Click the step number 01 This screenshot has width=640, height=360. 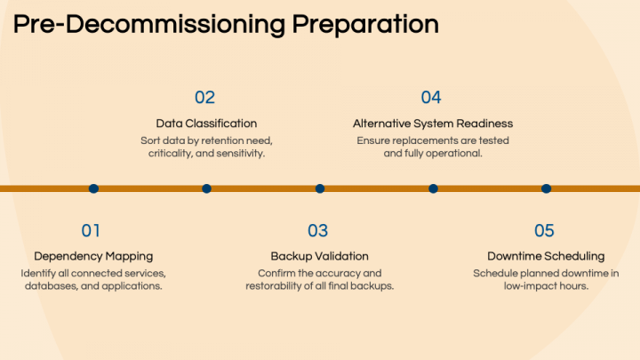[91, 231]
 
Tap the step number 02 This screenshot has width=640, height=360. [204, 98]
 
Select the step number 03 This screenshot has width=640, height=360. [317, 231]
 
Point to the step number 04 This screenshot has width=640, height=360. [431, 98]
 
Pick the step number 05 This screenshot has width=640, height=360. [544, 231]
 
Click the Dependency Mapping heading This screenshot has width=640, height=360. [93, 256]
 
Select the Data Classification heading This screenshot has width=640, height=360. [206, 124]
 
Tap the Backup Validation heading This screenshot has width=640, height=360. [319, 256]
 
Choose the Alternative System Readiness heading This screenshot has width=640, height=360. [433, 124]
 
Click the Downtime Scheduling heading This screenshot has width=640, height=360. [546, 256]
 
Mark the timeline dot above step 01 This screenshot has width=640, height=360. [93, 188]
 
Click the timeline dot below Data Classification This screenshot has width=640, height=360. [206, 188]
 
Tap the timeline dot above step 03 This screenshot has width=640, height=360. [320, 188]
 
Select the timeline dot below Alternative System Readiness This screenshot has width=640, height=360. [433, 188]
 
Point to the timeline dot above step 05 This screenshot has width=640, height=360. [546, 188]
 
